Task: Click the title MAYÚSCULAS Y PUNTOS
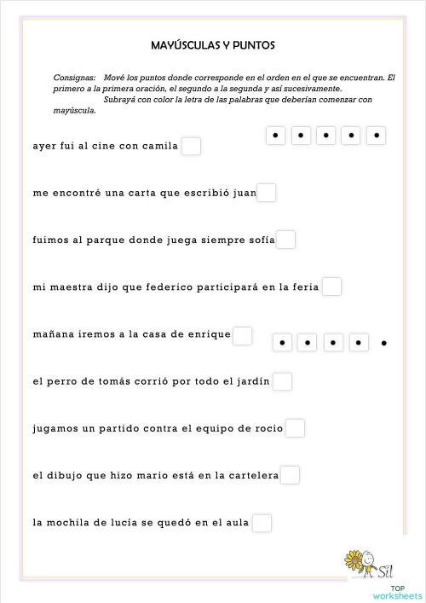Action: (212, 44)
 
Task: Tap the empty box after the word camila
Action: (191, 146)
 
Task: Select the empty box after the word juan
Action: (267, 193)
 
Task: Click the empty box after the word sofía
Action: (286, 240)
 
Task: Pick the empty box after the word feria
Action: (331, 287)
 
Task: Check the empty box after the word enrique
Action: (243, 334)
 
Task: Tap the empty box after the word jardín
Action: (283, 381)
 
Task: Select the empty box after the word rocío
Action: (295, 428)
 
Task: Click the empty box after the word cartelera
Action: (290, 475)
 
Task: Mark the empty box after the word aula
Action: (262, 523)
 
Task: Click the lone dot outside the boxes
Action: (384, 343)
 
